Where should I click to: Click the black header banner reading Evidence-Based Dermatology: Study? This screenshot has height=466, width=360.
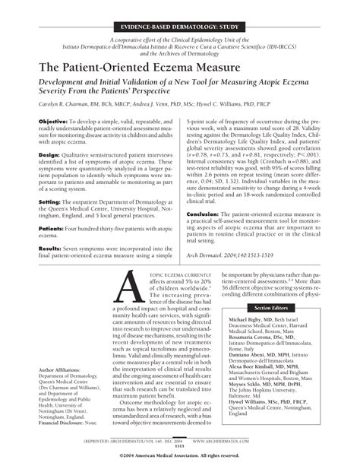(180, 25)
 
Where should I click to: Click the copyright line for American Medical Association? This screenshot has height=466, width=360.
(180, 456)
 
